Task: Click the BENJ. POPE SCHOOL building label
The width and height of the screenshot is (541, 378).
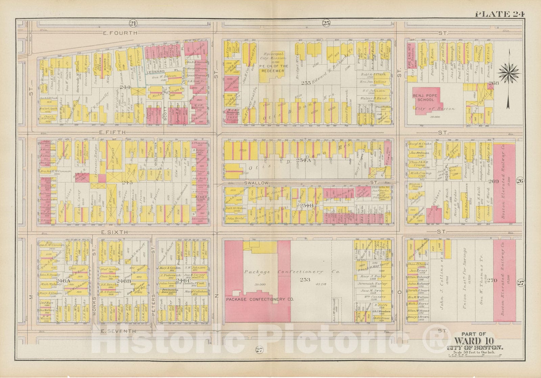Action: (x=429, y=98)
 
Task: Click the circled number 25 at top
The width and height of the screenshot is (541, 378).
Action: (x=326, y=23)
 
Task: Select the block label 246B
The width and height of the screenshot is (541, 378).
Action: (x=121, y=280)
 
